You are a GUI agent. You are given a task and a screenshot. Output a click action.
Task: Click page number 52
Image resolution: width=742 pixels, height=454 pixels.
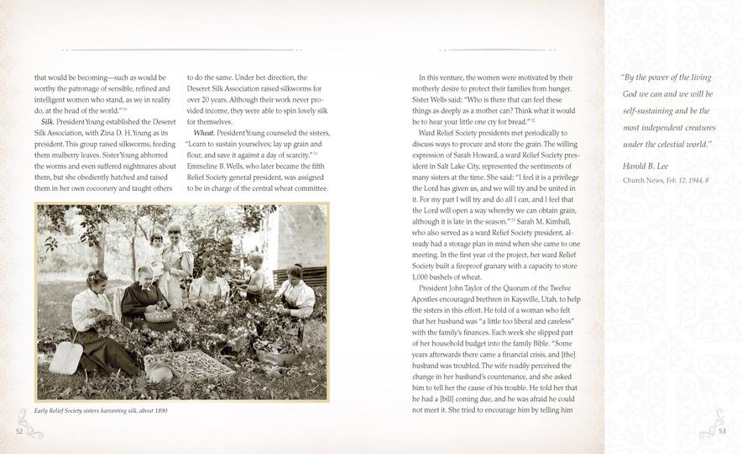19,430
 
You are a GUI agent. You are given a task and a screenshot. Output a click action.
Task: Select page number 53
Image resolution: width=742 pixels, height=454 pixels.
723,430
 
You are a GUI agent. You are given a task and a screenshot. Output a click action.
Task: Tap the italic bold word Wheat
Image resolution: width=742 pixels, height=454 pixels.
204,133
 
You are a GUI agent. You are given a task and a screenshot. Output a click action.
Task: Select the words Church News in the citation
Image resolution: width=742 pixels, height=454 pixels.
642,181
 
